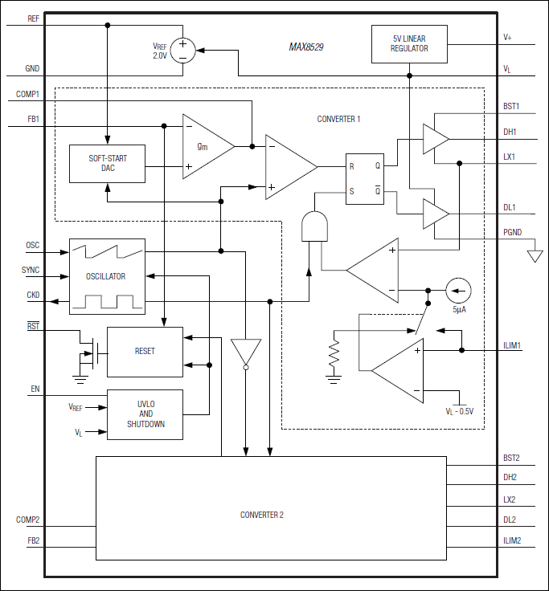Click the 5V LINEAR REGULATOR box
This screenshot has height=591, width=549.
[409, 44]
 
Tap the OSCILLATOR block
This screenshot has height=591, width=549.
[107, 276]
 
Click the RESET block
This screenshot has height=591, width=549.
[145, 352]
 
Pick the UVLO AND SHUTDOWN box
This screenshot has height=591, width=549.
[145, 414]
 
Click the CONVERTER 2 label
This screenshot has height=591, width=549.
[261, 515]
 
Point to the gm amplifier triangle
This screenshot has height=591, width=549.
[205, 146]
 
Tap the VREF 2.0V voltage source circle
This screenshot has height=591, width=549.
[182, 51]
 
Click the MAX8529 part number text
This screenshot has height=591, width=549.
[306, 47]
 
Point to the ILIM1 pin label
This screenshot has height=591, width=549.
[512, 346]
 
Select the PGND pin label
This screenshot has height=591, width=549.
[513, 233]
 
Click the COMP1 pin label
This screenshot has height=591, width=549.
[27, 95]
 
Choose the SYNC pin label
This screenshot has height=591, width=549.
[31, 271]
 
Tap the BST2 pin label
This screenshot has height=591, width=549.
[510, 459]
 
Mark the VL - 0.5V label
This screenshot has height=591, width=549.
[459, 411]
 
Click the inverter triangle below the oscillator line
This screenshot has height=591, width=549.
[245, 353]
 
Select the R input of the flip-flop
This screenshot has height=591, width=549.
[352, 166]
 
